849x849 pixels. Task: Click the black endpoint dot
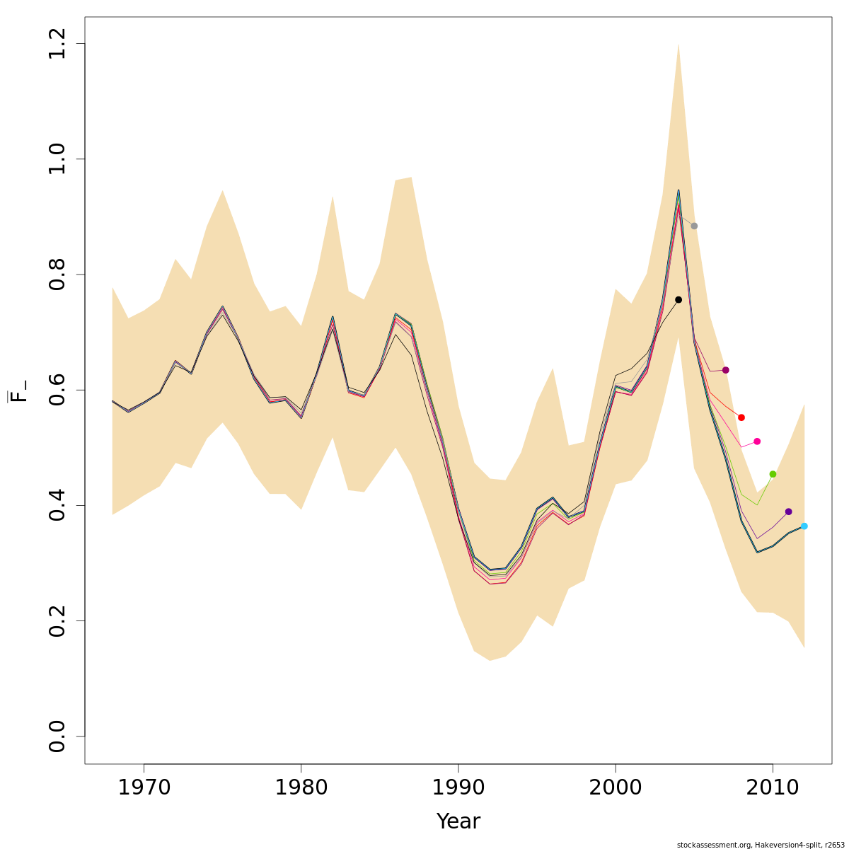[678, 300]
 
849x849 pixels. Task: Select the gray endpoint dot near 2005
[694, 226]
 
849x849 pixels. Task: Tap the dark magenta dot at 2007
[725, 370]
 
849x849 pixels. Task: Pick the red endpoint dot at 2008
[741, 417]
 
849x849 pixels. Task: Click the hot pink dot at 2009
[757, 441]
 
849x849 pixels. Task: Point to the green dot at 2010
[773, 474]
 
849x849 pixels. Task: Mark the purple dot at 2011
[788, 512]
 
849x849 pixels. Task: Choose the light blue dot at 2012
[804, 526]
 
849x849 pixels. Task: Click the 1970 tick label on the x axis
[144, 787]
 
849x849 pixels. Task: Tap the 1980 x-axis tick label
[301, 787]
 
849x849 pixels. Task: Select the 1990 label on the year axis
[458, 787]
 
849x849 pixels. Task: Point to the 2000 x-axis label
[616, 787]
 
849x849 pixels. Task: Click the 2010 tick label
[773, 787]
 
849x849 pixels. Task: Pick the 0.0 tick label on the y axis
[57, 736]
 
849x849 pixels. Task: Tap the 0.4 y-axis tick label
[57, 505]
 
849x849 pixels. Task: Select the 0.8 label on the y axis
[57, 275]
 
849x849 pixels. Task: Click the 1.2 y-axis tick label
[57, 44]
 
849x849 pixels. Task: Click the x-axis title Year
[458, 821]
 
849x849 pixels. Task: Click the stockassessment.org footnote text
[761, 845]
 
